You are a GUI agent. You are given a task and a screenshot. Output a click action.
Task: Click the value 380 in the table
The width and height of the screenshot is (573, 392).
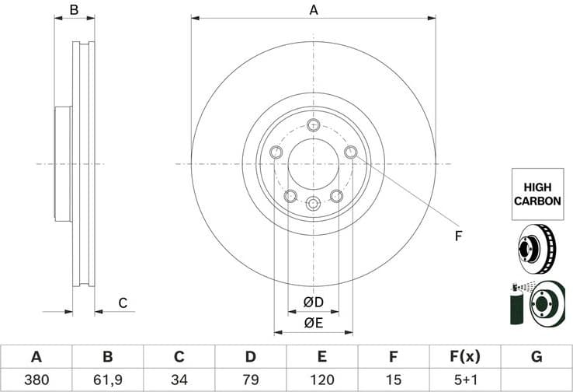click(36, 380)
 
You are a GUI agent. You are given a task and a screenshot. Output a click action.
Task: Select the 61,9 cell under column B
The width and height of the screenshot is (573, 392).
click(108, 380)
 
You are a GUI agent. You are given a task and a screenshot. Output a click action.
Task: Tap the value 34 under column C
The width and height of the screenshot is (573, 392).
click(179, 380)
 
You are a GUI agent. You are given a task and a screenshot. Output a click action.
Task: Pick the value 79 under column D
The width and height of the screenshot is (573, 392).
click(250, 380)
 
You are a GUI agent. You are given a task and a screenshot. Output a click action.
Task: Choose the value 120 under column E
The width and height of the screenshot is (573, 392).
click(321, 380)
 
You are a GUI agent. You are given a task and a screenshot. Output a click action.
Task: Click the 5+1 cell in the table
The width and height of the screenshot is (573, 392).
click(465, 380)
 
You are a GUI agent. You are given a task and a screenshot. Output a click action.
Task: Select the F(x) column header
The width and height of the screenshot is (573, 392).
click(465, 357)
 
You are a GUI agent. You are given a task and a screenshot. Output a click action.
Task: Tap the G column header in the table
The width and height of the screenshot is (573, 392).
click(537, 357)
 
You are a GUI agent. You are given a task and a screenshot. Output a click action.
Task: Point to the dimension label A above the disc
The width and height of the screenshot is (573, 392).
click(314, 10)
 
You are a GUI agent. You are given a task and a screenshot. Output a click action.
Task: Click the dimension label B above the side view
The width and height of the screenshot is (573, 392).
click(74, 10)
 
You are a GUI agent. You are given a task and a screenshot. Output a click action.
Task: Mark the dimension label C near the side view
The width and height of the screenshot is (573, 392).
click(122, 303)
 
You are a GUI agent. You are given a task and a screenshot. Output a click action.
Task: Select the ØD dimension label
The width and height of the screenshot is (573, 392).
click(313, 302)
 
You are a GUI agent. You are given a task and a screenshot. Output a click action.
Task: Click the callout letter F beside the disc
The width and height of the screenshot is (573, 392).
click(457, 235)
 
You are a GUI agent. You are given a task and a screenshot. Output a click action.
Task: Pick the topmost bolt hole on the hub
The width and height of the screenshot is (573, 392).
click(313, 125)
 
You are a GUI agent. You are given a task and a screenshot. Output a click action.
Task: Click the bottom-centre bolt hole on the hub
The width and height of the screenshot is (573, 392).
click(313, 204)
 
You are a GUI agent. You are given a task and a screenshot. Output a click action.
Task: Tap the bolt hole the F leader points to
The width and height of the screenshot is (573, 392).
click(350, 152)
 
